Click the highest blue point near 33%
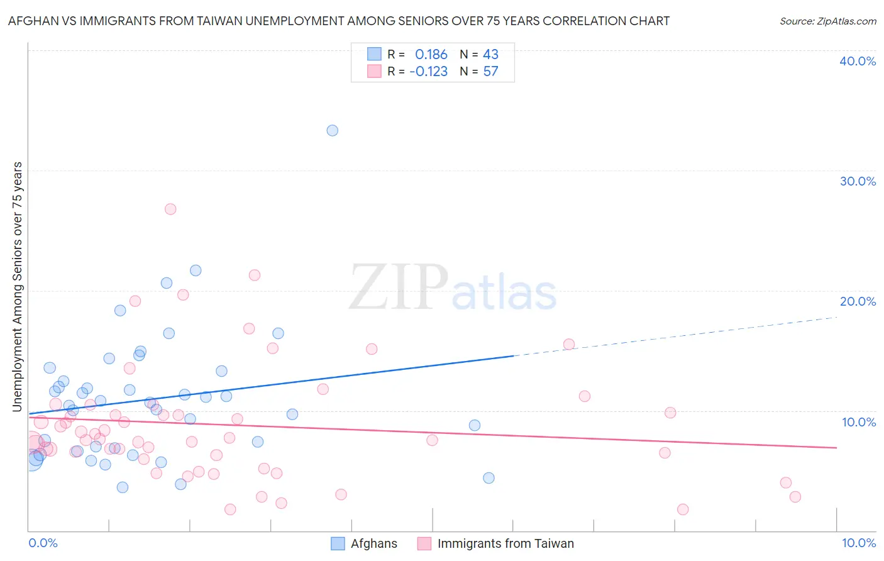pyautogui.click(x=333, y=131)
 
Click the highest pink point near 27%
pyautogui.click(x=170, y=209)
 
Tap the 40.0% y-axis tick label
pyautogui.click(x=858, y=61)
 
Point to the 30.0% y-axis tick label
pyautogui.click(x=858, y=181)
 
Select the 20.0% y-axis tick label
pyautogui.click(x=858, y=301)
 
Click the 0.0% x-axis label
pyautogui.click(x=43, y=543)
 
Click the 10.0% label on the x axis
pyautogui.click(x=858, y=543)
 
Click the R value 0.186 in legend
pyautogui.click(x=431, y=55)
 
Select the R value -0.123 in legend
pyautogui.click(x=429, y=72)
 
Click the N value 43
pyautogui.click(x=490, y=55)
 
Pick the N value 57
pyautogui.click(x=490, y=72)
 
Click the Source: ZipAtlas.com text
pyautogui.click(x=827, y=21)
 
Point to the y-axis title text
pyautogui.click(x=17, y=287)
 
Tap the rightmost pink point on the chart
pyautogui.click(x=795, y=497)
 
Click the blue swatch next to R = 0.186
pyautogui.click(x=374, y=55)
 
